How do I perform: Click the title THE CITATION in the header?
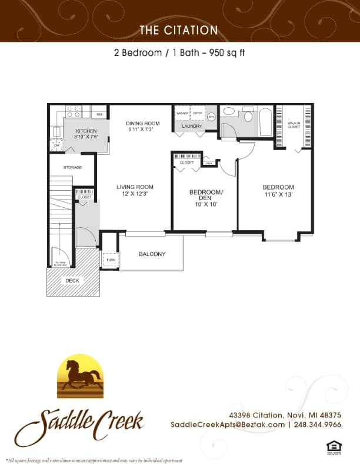click(179, 30)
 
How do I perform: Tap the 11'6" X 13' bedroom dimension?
click(278, 194)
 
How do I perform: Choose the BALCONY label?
click(152, 254)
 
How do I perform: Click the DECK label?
click(72, 281)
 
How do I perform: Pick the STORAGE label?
click(73, 167)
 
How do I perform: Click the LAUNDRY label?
click(192, 126)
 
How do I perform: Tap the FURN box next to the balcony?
click(110, 258)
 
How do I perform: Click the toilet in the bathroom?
click(248, 116)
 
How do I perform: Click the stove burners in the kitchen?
click(74, 111)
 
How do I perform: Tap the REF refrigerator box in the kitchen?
click(99, 114)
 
